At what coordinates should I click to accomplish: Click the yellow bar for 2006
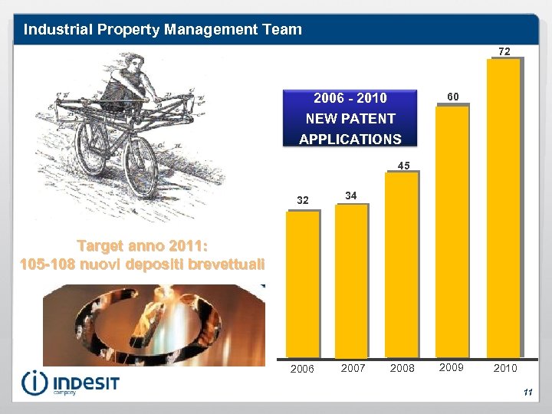click(302, 284)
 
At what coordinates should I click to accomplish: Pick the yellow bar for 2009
click(452, 230)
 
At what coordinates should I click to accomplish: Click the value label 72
click(504, 51)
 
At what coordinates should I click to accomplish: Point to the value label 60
click(453, 97)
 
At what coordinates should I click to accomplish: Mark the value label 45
click(403, 165)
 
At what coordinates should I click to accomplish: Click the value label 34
click(350, 195)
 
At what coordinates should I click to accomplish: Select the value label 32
click(302, 200)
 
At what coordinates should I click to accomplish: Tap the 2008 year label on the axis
click(402, 368)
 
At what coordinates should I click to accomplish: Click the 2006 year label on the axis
click(301, 369)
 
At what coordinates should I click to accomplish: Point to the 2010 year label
click(504, 368)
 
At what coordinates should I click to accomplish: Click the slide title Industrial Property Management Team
click(163, 30)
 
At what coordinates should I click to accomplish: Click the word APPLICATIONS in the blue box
click(350, 139)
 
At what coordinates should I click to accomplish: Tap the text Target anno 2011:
click(143, 246)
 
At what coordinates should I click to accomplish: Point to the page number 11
click(527, 393)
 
